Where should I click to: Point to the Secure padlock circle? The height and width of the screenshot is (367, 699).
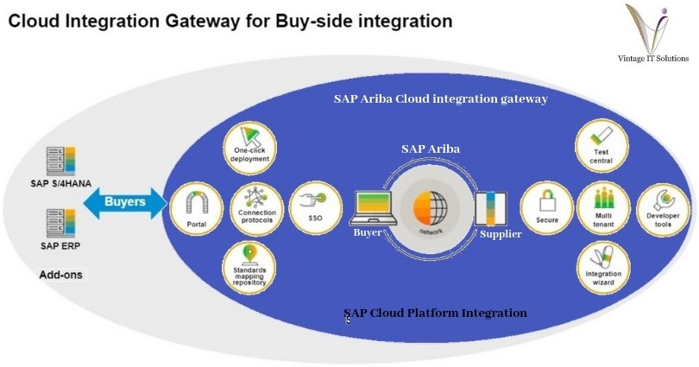(x=545, y=207)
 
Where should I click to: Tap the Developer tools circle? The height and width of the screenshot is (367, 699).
(x=659, y=207)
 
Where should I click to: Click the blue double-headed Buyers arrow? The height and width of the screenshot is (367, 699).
(x=125, y=204)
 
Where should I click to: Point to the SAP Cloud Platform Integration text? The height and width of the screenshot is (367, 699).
(x=435, y=313)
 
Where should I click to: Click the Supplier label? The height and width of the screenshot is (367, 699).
(x=501, y=234)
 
